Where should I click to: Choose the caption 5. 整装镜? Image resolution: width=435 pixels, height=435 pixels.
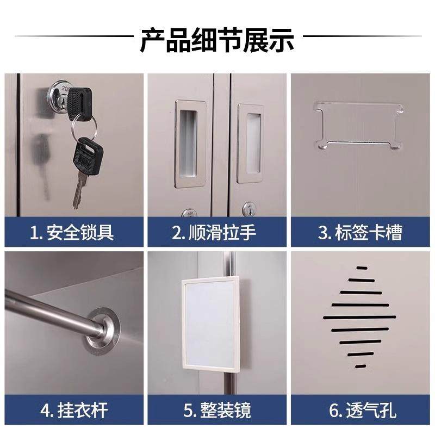pyautogui.click(x=217, y=409)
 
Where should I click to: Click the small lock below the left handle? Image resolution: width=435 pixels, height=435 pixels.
pyautogui.click(x=188, y=212)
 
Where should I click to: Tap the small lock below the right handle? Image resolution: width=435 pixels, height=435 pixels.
pyautogui.click(x=249, y=209)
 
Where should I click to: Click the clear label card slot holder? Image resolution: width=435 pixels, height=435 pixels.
pyautogui.click(x=359, y=125)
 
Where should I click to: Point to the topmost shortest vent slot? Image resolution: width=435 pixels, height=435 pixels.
pyautogui.click(x=361, y=268)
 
